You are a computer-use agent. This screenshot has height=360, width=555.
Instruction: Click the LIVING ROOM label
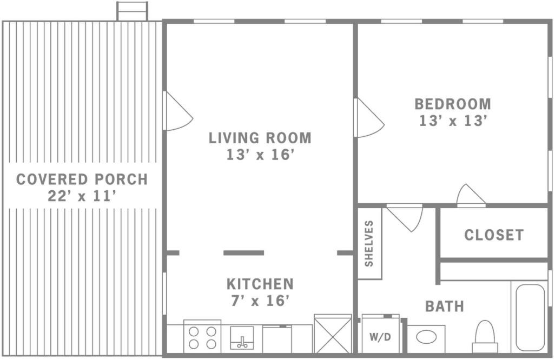tap(260, 138)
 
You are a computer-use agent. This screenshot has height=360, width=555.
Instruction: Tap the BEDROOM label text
tap(453, 104)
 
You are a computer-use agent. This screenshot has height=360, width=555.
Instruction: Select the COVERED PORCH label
tap(82, 179)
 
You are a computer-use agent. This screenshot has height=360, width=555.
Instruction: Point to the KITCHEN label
tap(260, 284)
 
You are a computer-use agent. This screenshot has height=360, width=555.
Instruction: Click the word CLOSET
tap(494, 235)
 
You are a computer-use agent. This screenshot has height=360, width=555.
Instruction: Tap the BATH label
tap(445, 306)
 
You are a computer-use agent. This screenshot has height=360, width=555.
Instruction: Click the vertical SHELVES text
tap(369, 243)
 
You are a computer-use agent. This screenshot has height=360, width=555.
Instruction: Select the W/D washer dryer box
tap(380, 334)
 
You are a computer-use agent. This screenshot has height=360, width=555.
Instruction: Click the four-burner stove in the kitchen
tap(202, 337)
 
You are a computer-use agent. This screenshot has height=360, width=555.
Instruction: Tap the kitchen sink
tap(242, 338)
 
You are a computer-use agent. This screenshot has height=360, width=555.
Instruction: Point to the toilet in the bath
tap(485, 336)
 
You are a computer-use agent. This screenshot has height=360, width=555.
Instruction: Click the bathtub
tap(530, 317)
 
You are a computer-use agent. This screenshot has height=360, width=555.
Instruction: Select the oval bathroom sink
tap(426, 337)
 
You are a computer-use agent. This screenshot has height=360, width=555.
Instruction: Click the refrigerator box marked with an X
tap(333, 334)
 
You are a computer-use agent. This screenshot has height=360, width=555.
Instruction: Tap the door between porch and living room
tap(177, 111)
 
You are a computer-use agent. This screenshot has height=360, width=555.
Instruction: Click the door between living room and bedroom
tap(368, 117)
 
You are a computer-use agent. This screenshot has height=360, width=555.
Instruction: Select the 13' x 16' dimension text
tap(260, 155)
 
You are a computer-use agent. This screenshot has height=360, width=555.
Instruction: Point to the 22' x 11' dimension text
tap(82, 196)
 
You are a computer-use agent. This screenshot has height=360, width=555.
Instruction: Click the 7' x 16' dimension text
tap(260, 301)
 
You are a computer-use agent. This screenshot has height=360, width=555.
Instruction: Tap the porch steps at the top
tap(133, 11)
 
